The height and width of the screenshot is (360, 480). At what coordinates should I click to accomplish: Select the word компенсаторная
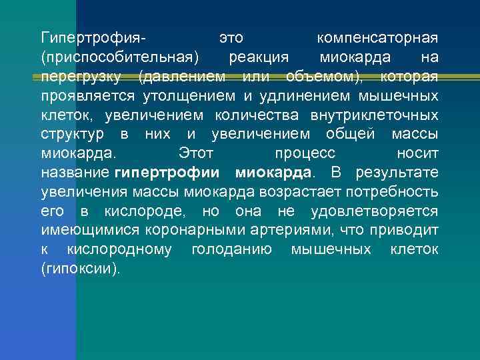click(x=377, y=37)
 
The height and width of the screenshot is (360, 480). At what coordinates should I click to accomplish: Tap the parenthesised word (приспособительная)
click(x=120, y=55)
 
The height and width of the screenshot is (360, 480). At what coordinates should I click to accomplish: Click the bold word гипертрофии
click(x=167, y=173)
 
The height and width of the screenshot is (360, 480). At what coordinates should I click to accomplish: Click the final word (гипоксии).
click(x=81, y=270)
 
